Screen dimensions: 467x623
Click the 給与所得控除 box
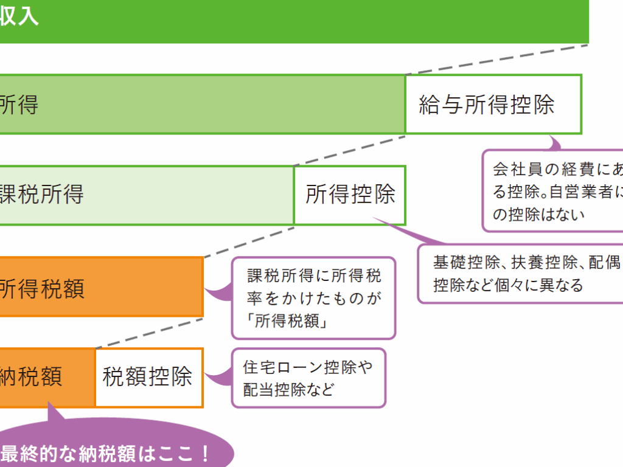click(x=493, y=105)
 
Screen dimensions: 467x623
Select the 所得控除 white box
click(x=350, y=195)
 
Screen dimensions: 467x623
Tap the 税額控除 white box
click(x=148, y=377)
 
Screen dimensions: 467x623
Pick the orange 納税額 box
click(x=46, y=377)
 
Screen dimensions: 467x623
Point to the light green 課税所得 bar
click(x=146, y=195)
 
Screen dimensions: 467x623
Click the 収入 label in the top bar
click(x=18, y=17)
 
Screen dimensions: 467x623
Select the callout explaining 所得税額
click(x=313, y=298)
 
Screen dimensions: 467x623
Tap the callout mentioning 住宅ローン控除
click(x=308, y=378)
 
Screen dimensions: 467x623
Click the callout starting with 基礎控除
click(x=520, y=273)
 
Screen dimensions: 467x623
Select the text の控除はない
click(x=538, y=214)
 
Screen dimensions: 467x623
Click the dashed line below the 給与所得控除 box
click(x=350, y=150)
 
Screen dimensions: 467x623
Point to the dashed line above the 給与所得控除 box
click(x=496, y=59)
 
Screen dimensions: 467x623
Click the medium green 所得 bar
click(x=201, y=105)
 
